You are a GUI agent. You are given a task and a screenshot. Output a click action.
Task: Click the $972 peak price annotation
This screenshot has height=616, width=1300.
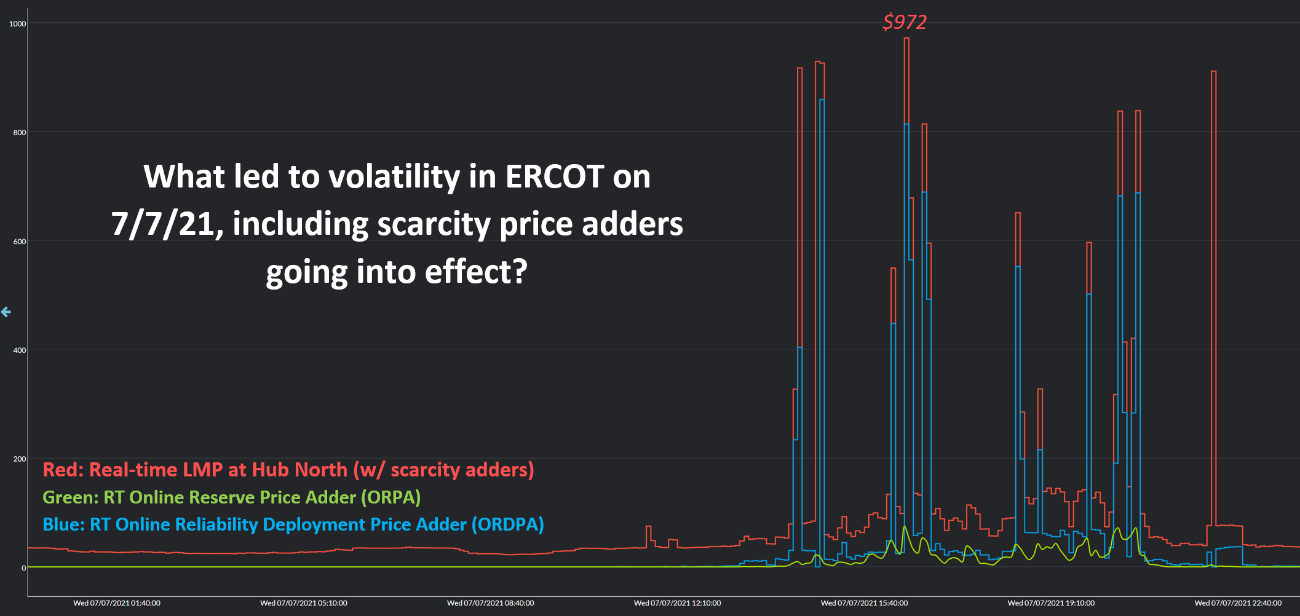click(904, 22)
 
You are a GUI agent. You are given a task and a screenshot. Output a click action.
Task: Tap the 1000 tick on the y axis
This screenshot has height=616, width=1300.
click(18, 24)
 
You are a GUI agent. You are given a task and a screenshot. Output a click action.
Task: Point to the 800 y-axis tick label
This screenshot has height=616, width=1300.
click(20, 132)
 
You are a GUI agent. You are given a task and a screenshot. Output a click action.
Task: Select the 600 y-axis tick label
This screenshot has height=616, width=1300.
click(20, 242)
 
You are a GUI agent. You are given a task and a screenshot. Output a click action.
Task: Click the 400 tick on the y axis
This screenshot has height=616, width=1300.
click(20, 350)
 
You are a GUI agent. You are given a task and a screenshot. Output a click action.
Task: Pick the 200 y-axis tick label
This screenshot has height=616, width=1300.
click(20, 459)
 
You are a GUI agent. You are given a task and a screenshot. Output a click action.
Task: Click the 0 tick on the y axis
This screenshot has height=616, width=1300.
click(24, 568)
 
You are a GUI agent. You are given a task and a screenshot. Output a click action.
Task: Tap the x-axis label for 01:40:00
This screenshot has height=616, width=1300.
click(117, 603)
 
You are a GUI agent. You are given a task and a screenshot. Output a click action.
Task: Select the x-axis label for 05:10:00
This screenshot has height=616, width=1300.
click(304, 603)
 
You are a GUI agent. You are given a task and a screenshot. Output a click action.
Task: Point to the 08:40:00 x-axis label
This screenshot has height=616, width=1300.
click(491, 603)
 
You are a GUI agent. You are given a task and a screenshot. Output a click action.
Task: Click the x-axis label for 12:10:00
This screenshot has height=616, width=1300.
click(678, 603)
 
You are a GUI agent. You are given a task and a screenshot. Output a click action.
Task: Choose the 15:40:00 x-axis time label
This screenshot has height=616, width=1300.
click(864, 603)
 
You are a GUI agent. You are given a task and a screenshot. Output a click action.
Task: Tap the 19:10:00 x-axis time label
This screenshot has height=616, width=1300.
click(1051, 603)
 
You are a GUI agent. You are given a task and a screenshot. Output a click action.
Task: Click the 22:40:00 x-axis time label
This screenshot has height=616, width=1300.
click(1238, 603)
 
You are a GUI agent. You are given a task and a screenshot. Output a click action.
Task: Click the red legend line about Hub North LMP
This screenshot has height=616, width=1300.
click(288, 470)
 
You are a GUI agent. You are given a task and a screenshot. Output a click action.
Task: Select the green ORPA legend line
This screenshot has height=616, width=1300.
click(231, 497)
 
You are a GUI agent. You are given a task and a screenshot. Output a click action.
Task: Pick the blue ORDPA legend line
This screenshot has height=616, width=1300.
click(293, 524)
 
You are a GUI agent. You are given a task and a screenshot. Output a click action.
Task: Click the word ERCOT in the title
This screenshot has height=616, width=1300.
click(554, 177)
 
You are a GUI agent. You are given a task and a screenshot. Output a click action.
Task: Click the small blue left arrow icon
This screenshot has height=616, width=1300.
click(6, 312)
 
